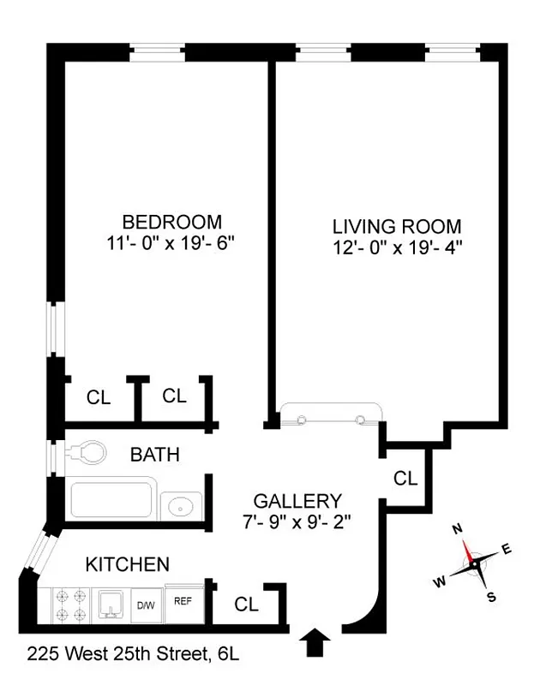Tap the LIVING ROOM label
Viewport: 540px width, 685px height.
(397, 227)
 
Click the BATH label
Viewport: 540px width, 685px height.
(154, 454)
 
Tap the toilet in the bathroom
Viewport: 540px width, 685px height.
(86, 450)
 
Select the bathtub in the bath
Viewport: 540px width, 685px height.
(114, 502)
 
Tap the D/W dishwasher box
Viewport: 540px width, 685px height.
(146, 605)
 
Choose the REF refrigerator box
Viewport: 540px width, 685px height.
(182, 602)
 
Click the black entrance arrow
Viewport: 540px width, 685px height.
(316, 640)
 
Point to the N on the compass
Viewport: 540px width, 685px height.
(458, 529)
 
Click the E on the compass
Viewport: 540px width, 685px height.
(507, 551)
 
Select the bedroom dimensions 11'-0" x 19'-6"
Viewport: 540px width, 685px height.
(165, 242)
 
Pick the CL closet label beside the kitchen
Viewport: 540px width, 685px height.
(246, 604)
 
